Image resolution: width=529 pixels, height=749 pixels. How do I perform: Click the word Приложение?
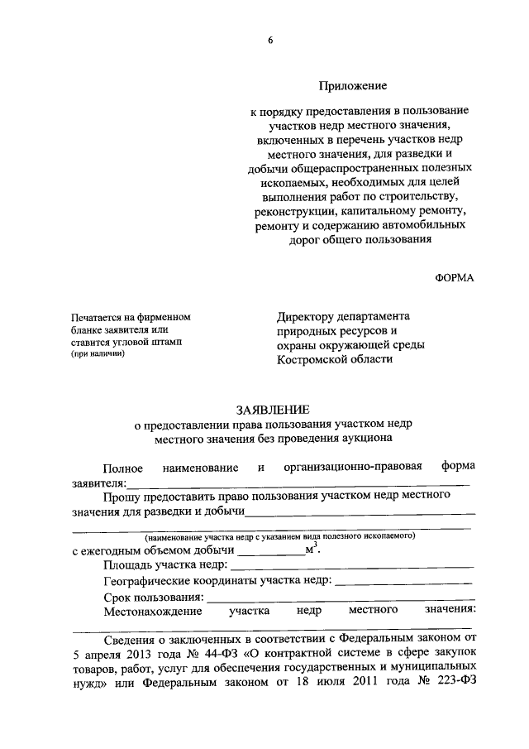point(353,84)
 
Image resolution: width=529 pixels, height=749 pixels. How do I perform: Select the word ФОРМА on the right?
point(455,277)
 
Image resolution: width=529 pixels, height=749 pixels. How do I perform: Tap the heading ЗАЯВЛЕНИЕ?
point(274,409)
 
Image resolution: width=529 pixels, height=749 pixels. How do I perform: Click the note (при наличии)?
point(98,353)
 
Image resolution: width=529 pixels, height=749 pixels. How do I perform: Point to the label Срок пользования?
point(154,597)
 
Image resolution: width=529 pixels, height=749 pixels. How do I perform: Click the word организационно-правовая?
point(353,468)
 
